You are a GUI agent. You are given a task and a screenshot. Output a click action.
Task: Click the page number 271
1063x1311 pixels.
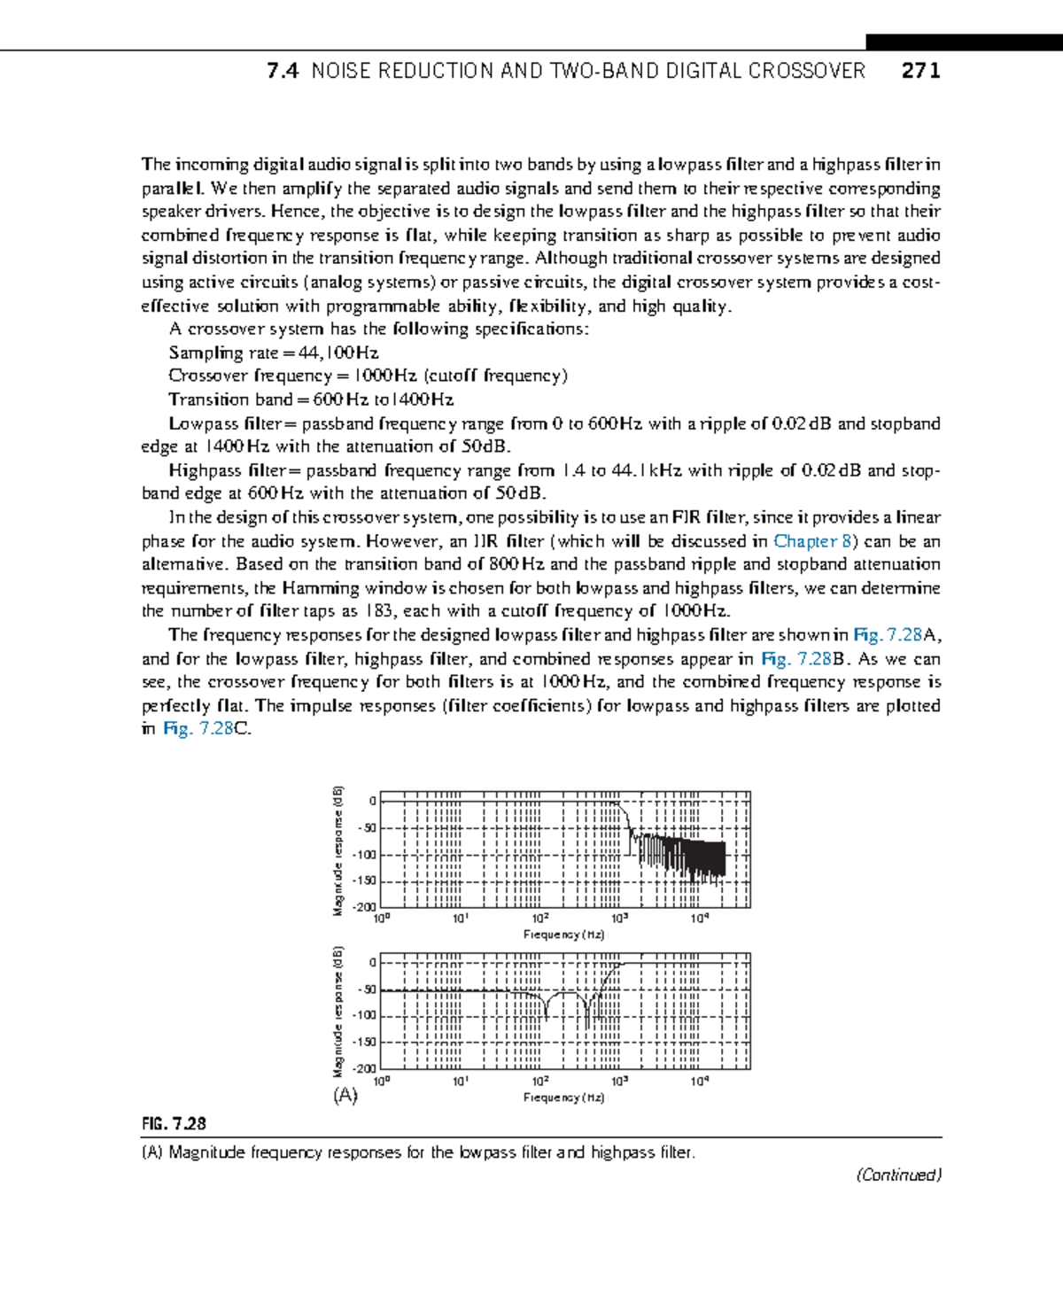coord(920,71)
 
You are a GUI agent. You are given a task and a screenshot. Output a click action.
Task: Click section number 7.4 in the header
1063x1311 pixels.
coord(283,71)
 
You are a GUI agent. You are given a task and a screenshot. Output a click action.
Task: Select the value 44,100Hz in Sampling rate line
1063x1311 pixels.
coord(339,353)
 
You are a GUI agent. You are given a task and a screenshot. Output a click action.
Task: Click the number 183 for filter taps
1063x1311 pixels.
coord(378,611)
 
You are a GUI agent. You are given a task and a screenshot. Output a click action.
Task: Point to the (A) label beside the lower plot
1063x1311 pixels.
coord(345,1095)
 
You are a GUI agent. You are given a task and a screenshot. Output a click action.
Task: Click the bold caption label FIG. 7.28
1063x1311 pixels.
coord(174,1123)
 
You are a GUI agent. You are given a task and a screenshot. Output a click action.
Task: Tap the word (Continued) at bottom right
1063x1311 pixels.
coord(898,1175)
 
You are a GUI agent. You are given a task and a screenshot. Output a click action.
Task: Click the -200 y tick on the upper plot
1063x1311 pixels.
coord(365,907)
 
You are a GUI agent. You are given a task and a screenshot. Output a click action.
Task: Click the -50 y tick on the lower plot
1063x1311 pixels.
coord(367,989)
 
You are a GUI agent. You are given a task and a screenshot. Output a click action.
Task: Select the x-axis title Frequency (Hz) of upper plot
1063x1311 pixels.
coord(563,935)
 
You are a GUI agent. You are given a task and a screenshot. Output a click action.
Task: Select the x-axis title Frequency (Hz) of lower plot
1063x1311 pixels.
coord(563,1098)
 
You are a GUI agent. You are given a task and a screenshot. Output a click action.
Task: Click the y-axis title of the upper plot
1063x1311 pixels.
coord(338,851)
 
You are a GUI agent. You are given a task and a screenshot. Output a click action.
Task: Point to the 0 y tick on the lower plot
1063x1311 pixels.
coord(372,963)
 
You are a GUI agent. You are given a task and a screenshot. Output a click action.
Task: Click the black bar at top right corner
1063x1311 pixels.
coord(963,42)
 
